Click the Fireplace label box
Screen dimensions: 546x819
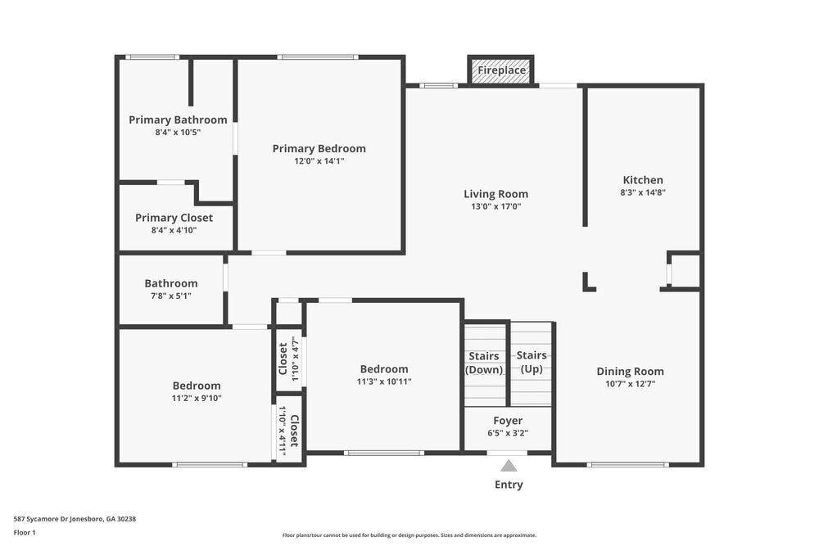[501, 70]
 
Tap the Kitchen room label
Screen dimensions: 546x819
[643, 180]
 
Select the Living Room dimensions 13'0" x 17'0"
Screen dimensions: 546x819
[495, 207]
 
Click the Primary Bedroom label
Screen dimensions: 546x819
[319, 148]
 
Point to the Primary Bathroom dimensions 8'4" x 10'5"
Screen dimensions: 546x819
[177, 133]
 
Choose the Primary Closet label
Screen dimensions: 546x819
[174, 218]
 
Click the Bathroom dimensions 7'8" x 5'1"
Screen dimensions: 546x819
[171, 296]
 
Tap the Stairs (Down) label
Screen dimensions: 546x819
[484, 363]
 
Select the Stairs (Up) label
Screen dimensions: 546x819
[532, 362]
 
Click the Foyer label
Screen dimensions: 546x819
[508, 421]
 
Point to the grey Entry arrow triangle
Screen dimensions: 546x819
[509, 466]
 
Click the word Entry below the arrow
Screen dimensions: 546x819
[509, 485]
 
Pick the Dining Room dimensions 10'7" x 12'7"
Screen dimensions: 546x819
[630, 383]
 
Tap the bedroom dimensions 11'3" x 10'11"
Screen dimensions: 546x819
[383, 381]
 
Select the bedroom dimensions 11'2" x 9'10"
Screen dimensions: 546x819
[197, 399]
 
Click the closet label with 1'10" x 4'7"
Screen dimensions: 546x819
[283, 359]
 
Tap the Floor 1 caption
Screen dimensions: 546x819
[25, 533]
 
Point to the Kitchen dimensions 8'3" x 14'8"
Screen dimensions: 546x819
[643, 193]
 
